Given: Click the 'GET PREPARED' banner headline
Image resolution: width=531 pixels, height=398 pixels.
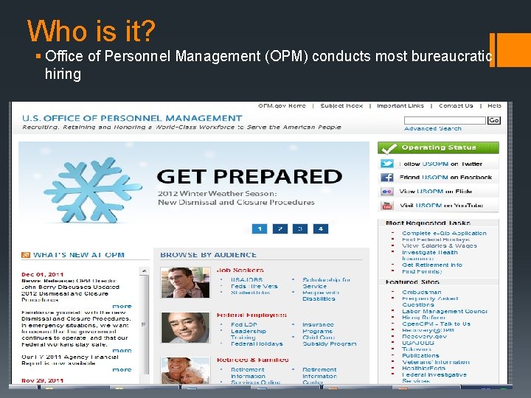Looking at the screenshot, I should pyautogui.click(x=249, y=176).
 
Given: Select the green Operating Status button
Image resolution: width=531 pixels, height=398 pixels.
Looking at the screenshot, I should pyautogui.click(x=438, y=147).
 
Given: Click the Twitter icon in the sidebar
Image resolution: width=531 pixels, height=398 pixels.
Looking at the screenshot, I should pyautogui.click(x=387, y=164).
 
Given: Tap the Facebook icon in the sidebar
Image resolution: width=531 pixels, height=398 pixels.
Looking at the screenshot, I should pyautogui.click(x=387, y=178).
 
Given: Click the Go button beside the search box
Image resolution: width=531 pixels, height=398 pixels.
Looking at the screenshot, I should pyautogui.click(x=493, y=120).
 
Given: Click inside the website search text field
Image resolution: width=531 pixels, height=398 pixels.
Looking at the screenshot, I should pyautogui.click(x=455, y=120).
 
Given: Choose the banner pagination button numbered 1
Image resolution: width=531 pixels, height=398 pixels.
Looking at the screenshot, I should pyautogui.click(x=259, y=228).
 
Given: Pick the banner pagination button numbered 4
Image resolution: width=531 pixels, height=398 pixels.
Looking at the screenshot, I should pyautogui.click(x=319, y=228).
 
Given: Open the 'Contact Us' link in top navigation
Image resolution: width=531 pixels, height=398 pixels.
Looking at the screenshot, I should pyautogui.click(x=456, y=106).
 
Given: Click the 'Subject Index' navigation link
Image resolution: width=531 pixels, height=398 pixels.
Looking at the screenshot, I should pyautogui.click(x=341, y=106).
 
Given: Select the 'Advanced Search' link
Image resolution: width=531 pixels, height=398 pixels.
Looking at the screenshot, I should pyautogui.click(x=432, y=129).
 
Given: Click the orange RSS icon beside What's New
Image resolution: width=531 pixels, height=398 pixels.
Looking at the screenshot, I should pyautogui.click(x=25, y=255).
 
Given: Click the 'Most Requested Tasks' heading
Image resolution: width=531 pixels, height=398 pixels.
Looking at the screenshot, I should pyautogui.click(x=428, y=223).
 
